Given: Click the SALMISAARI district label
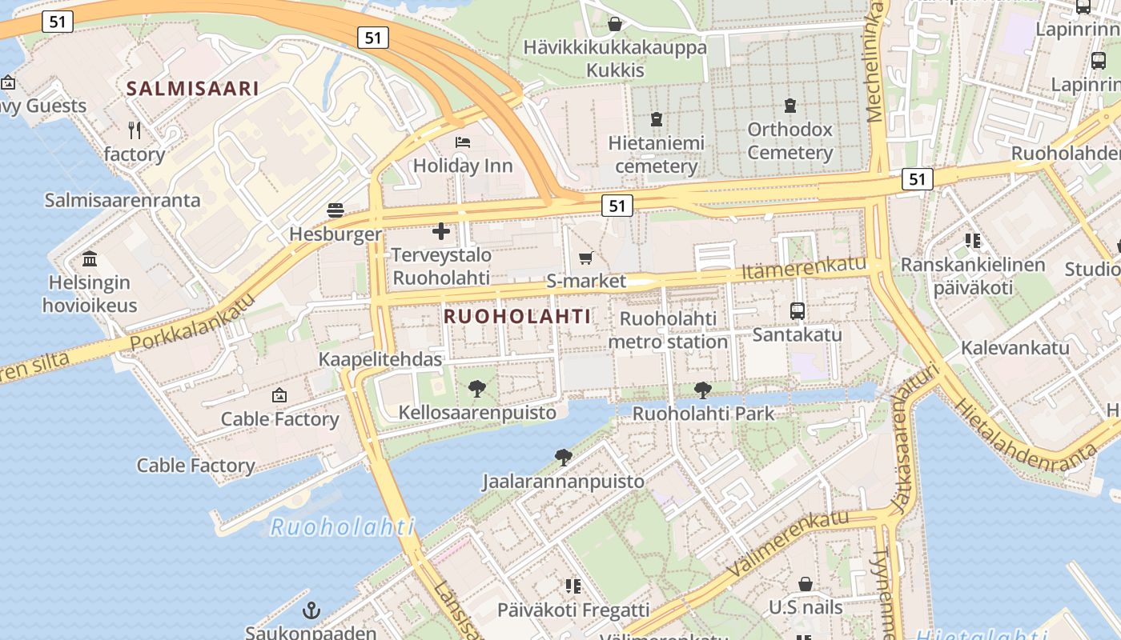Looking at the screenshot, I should coord(193,89).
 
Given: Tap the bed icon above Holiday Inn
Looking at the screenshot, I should coord(463,142).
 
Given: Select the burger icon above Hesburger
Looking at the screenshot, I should coord(335,210).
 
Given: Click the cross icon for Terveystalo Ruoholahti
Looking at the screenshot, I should coord(440,232).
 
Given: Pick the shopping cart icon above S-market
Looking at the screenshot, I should coord(586,258).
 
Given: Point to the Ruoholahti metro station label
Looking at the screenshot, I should coord(668,330).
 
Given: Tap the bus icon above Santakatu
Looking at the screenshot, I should coord(798,311).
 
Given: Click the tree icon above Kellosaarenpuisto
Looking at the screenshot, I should coord(477,390).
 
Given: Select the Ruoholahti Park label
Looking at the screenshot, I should coord(703,414).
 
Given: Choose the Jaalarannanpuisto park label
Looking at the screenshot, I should coord(563,482).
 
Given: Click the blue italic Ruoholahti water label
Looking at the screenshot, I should coord(342,527).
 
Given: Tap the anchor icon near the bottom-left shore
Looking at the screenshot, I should coord(311,611).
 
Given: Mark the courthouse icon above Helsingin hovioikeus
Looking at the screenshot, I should coord(90,259).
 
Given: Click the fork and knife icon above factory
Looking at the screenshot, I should coord(135,130).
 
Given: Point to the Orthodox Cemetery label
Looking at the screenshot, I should coord(790,141).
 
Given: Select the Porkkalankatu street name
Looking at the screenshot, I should coord(192,322).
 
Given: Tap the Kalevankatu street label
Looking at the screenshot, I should coord(1015,348).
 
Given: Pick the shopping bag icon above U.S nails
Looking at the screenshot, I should coord(806,584).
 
